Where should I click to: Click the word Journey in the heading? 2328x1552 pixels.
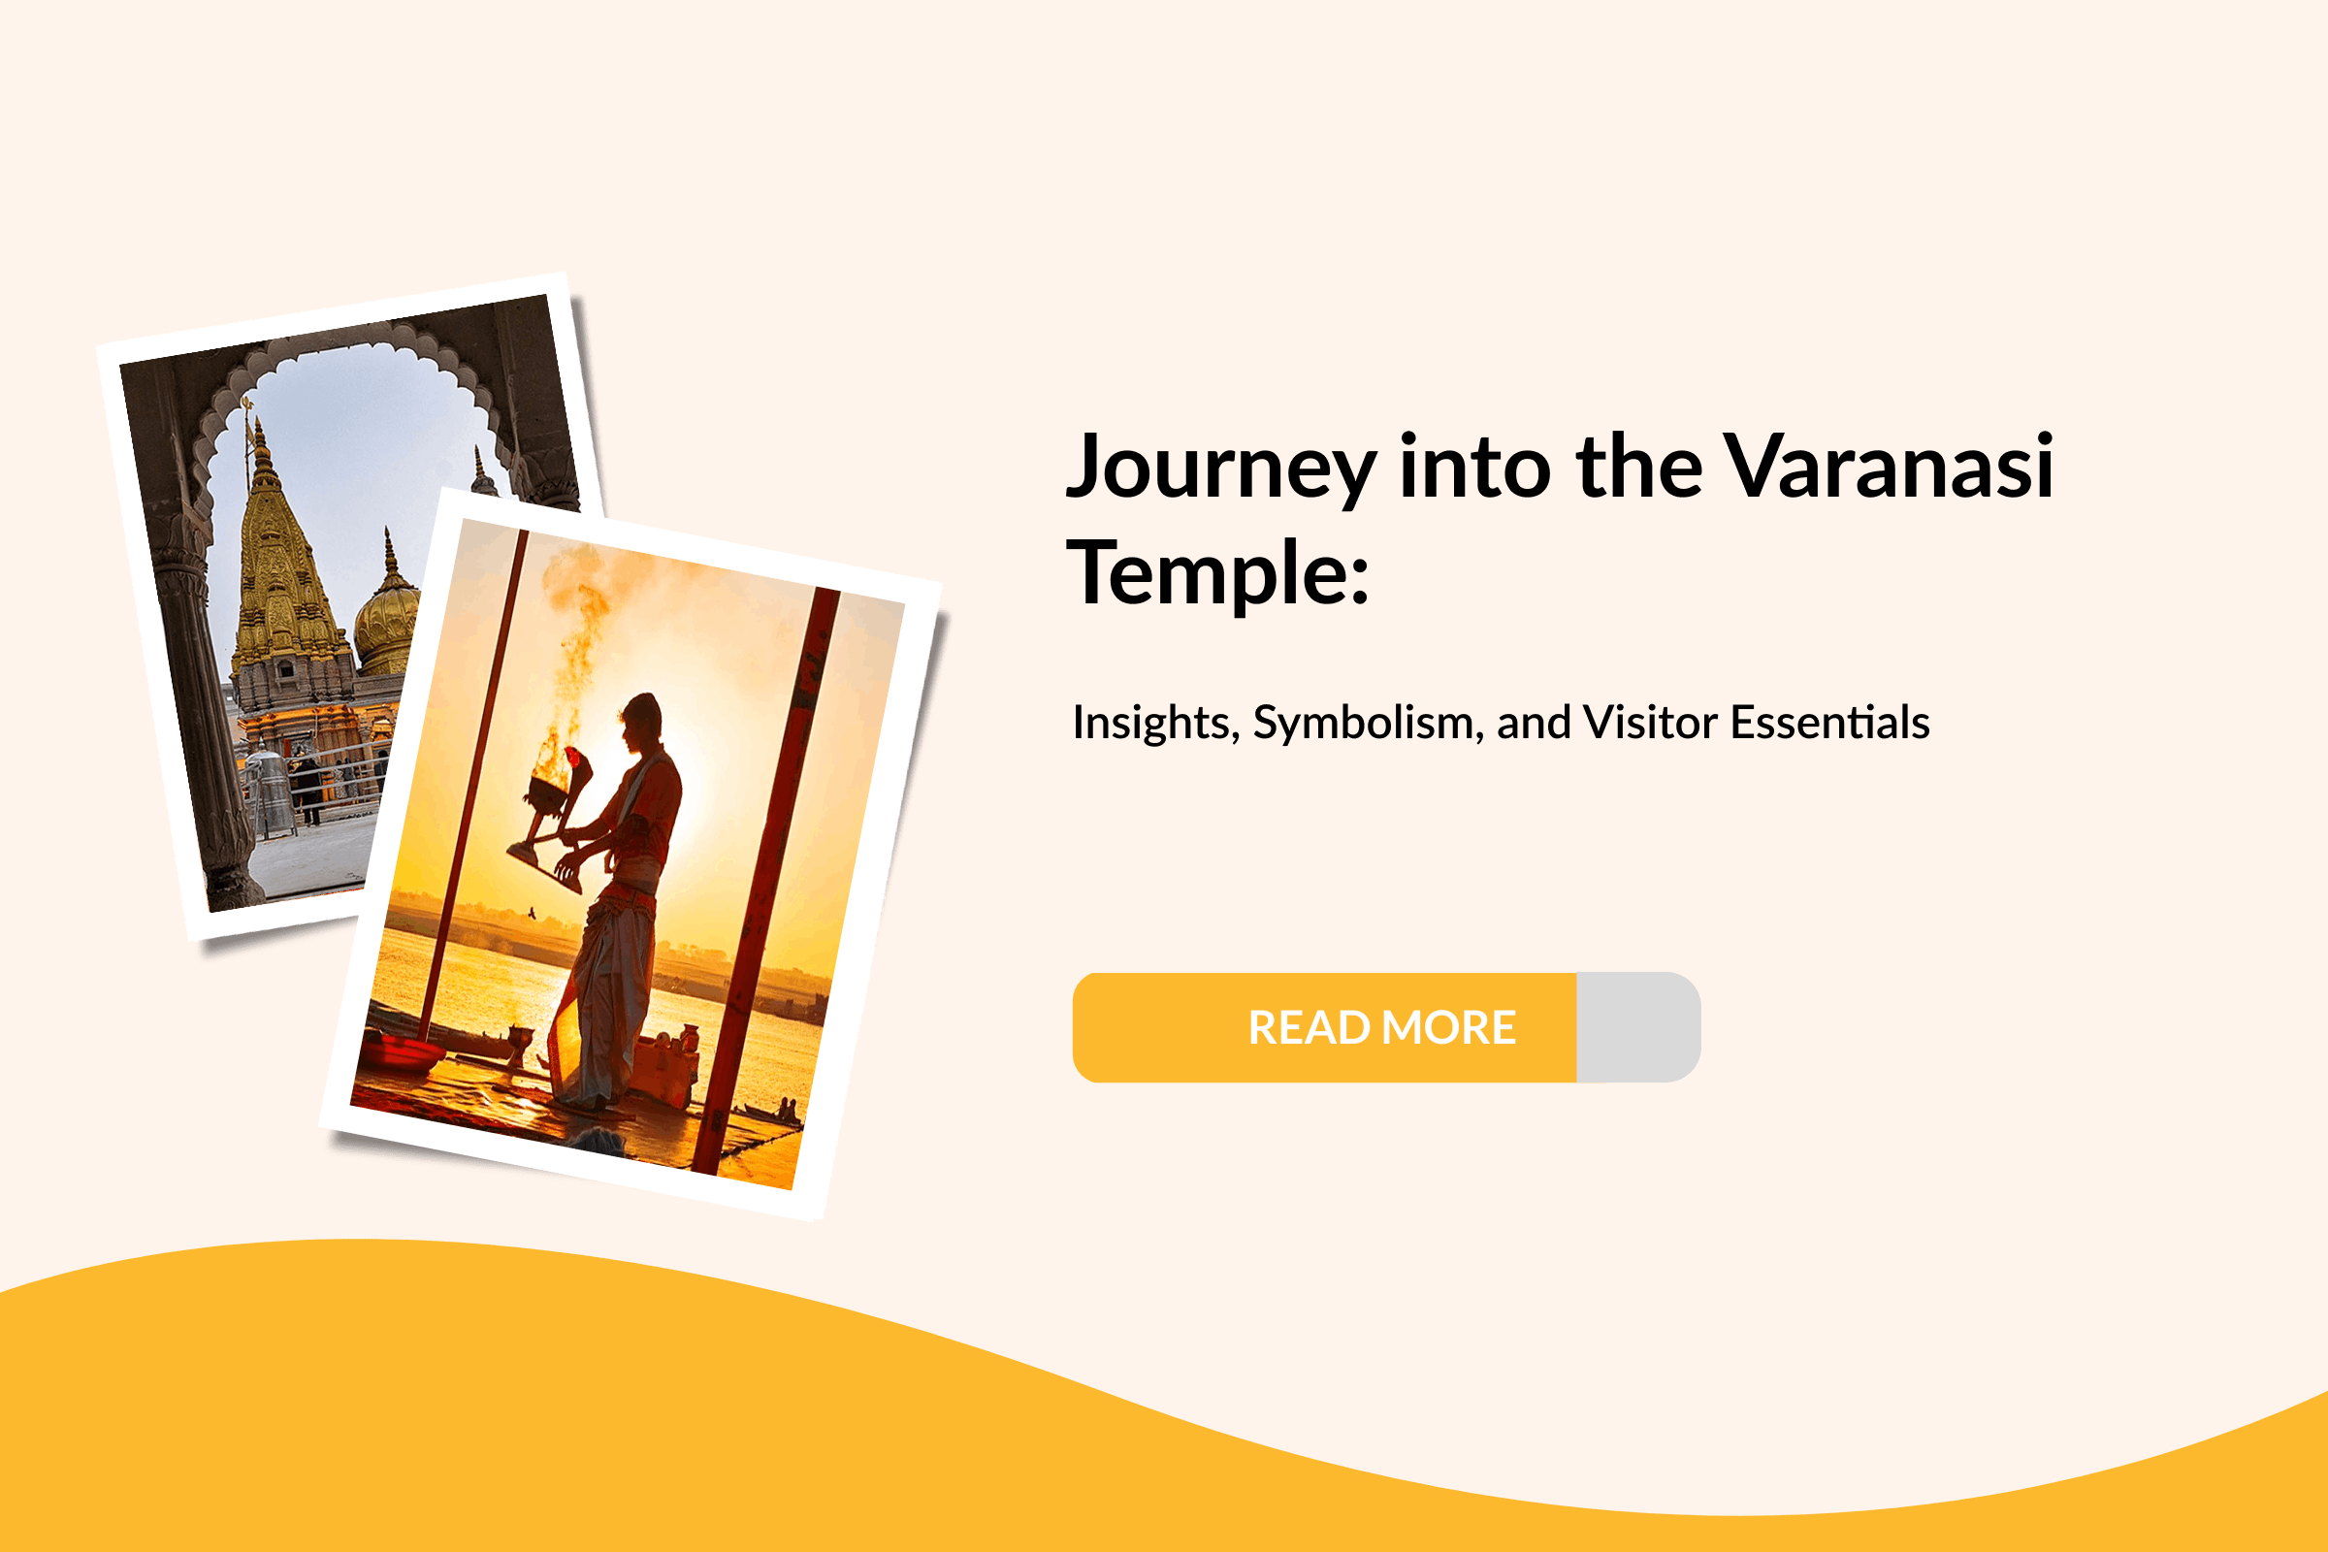1219,468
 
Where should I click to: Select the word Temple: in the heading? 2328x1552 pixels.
1217,573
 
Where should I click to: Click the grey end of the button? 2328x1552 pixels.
1638,1027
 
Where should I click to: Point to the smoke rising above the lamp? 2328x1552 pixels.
579,633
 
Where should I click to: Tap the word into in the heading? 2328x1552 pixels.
1473,468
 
